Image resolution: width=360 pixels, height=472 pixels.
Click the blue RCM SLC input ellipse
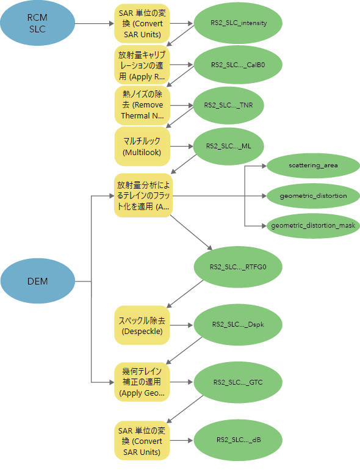click(38, 23)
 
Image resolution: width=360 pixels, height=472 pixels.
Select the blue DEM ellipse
click(38, 281)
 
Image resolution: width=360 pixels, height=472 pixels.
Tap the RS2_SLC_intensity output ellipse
click(238, 23)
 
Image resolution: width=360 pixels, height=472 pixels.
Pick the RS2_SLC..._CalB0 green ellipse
click(238, 65)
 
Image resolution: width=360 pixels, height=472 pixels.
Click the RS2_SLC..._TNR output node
click(228, 105)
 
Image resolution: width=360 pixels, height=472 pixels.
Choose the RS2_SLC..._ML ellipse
click(228, 146)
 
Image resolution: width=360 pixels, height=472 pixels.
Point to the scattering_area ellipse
click(313, 165)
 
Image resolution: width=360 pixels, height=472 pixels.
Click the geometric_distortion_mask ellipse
click(313, 225)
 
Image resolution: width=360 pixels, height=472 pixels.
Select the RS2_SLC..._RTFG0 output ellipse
click(238, 267)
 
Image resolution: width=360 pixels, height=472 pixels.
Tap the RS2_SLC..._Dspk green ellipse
click(238, 324)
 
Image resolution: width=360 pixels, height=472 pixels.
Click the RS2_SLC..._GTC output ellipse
click(238, 382)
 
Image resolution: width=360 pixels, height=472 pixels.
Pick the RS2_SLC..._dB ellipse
click(238, 440)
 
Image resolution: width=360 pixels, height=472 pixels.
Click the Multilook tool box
click(142, 147)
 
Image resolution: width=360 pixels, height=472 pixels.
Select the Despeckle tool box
click(142, 325)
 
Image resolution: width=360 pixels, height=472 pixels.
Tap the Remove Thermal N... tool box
click(142, 106)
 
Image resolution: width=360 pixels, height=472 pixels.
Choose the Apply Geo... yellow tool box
click(142, 382)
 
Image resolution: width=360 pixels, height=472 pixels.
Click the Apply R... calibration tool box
click(142, 65)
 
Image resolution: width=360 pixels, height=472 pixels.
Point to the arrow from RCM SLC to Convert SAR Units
click(95, 23)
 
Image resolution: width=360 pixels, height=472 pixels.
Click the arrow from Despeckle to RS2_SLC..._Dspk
click(181, 325)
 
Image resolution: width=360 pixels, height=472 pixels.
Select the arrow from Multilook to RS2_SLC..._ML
click(181, 147)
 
